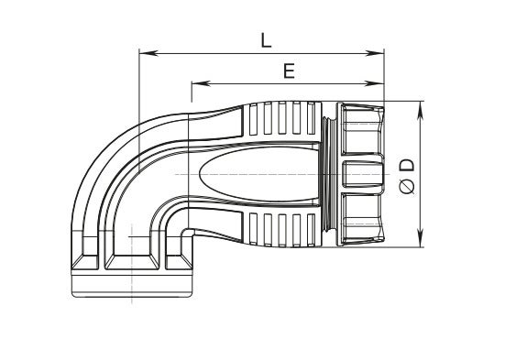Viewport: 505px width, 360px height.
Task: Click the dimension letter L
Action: pos(266,41)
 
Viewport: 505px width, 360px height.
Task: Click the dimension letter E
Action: pos(289,71)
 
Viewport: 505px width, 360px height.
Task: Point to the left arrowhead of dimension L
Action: pos(148,53)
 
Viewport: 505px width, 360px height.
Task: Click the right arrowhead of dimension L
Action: pos(375,53)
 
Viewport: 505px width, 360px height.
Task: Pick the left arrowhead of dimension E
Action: pos(201,83)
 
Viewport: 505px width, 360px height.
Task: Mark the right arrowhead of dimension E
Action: pos(375,83)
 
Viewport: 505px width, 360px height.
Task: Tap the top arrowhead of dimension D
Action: pos(421,111)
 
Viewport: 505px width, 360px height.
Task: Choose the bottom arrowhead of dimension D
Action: pos(421,238)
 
